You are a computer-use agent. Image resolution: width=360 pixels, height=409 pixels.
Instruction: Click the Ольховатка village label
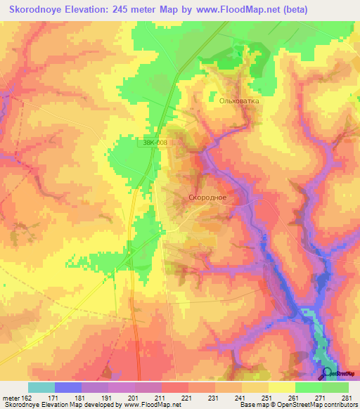point(239,101)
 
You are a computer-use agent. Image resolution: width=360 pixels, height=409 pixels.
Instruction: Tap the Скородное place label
point(207,197)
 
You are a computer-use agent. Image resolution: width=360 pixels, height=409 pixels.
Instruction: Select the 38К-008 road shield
point(153,143)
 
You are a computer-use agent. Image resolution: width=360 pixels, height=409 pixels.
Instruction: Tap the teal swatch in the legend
point(41,388)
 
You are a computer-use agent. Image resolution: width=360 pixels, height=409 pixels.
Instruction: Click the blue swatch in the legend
point(68,388)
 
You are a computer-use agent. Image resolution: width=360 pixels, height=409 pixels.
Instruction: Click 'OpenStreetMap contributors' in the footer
point(316,405)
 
